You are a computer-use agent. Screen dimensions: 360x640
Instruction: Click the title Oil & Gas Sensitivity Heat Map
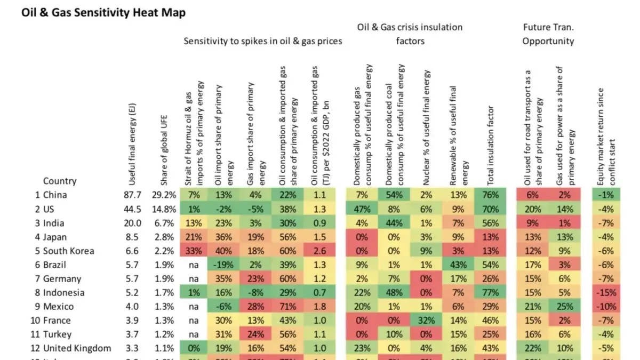(103, 13)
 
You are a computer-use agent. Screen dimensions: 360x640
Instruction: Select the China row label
(55, 195)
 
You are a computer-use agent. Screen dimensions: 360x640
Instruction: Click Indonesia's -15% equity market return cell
(608, 292)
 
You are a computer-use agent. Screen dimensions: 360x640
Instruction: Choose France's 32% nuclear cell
(425, 320)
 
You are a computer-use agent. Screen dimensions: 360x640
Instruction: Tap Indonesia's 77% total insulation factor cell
(489, 292)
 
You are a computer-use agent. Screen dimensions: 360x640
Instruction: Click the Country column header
(60, 181)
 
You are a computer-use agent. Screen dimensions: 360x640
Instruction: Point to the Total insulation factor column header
(491, 144)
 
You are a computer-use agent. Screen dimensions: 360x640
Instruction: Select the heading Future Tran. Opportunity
(548, 34)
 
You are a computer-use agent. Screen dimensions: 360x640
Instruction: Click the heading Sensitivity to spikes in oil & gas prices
(263, 41)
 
